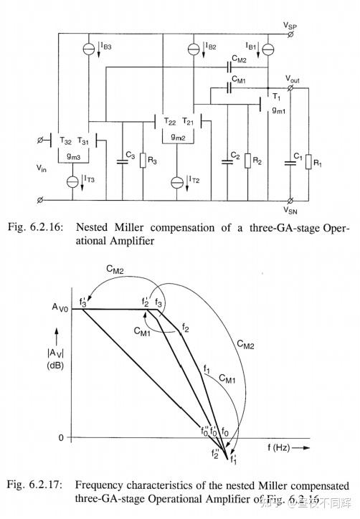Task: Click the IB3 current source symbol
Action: click(87, 49)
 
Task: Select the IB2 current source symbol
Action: click(192, 49)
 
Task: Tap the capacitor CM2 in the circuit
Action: click(228, 67)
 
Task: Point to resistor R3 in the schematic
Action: click(144, 161)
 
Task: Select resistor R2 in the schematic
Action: click(248, 161)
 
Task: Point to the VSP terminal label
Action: click(290, 24)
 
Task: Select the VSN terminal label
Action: click(290, 211)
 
